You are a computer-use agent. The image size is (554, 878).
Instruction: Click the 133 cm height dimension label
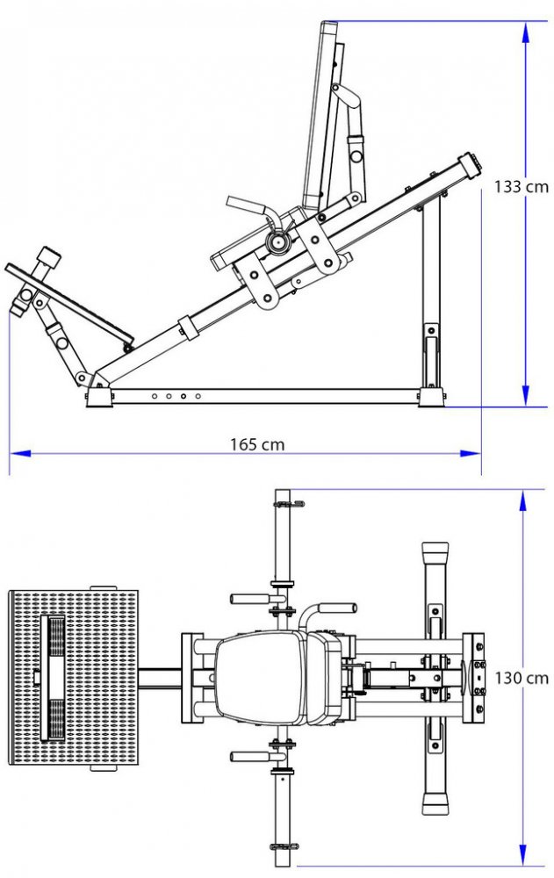(x=521, y=186)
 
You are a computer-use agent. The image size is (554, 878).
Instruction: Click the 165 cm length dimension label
(x=257, y=444)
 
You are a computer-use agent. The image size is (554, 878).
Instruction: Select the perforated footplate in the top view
(x=75, y=678)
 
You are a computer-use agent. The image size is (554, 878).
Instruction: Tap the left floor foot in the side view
(x=98, y=398)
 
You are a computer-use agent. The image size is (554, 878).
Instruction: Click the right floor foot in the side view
(x=430, y=398)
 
